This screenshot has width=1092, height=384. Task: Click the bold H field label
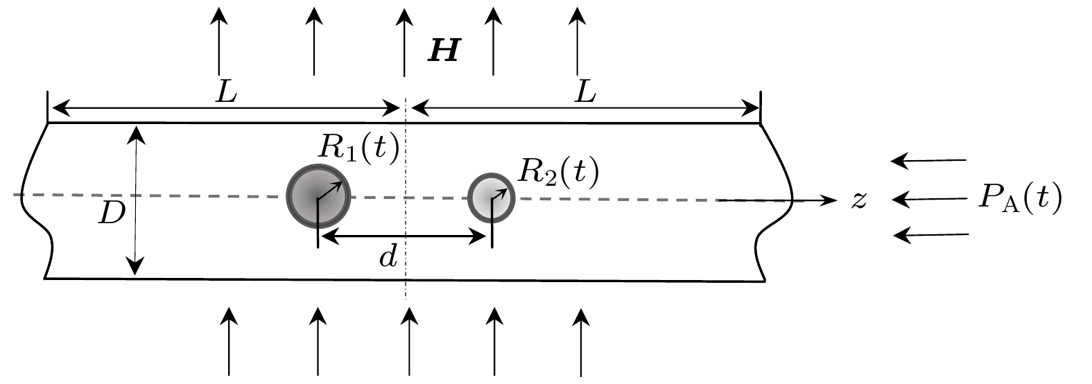point(443,53)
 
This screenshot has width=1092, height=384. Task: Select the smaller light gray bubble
point(491,197)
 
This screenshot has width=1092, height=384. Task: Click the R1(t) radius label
point(358,147)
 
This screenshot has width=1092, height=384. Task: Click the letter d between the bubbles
point(389,258)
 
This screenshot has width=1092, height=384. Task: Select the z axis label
point(859,200)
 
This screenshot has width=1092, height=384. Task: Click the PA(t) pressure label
point(1017,200)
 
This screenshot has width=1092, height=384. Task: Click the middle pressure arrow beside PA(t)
point(929,200)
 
